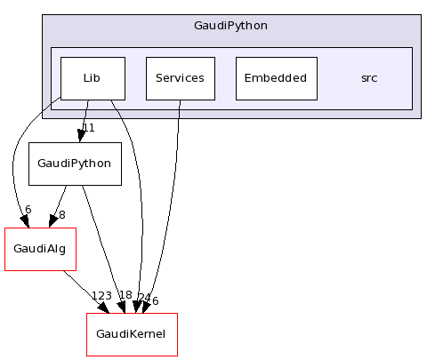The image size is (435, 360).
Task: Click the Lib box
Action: tap(92, 78)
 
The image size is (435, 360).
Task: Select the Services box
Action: tap(179, 78)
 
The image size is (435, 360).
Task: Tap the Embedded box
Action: tap(277, 78)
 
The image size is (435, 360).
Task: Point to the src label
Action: tap(368, 78)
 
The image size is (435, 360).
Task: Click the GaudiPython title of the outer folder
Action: tap(230, 25)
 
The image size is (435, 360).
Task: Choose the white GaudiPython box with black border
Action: tap(75, 164)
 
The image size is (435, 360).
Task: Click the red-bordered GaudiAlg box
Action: tap(39, 249)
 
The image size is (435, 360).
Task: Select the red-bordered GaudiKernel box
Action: tap(132, 334)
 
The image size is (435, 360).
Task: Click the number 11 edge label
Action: tap(88, 128)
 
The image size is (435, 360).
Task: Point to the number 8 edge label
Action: tap(61, 214)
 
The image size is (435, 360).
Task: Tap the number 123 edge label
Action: tap(102, 296)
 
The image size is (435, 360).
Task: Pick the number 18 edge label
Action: tap(125, 295)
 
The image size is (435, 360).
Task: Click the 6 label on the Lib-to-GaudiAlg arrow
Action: tap(28, 210)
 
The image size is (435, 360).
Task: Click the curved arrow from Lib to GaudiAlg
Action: tap(15, 169)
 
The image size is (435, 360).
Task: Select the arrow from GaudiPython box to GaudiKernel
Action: tap(102, 240)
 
